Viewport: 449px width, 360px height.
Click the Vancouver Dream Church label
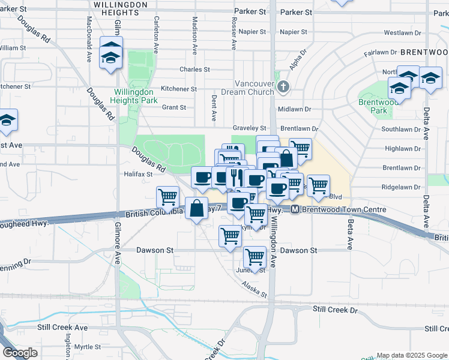(x=247, y=88)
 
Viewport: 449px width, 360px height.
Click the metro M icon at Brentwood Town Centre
(x=295, y=209)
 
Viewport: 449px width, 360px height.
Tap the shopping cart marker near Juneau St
(x=255, y=257)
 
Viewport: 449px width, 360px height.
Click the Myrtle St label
(x=88, y=347)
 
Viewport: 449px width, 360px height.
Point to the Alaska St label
(x=254, y=290)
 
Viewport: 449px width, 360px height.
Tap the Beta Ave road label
(x=349, y=234)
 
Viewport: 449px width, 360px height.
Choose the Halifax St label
(x=139, y=173)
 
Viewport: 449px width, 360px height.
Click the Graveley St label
(x=249, y=128)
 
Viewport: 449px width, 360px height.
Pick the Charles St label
(x=194, y=69)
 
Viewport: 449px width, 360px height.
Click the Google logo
(x=20, y=353)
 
